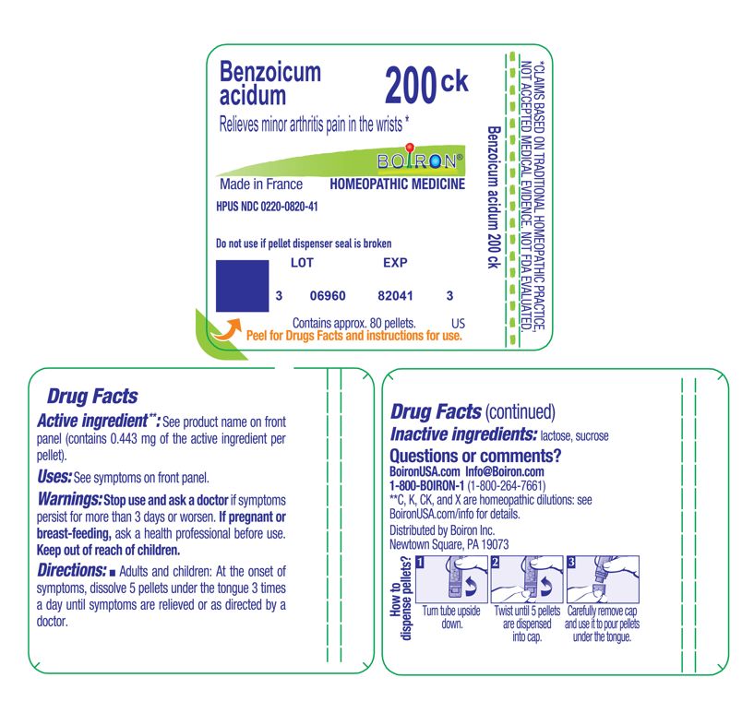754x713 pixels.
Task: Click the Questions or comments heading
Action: [476, 457]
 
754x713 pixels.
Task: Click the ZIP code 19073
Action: [492, 544]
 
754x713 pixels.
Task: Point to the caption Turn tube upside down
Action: [450, 618]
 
